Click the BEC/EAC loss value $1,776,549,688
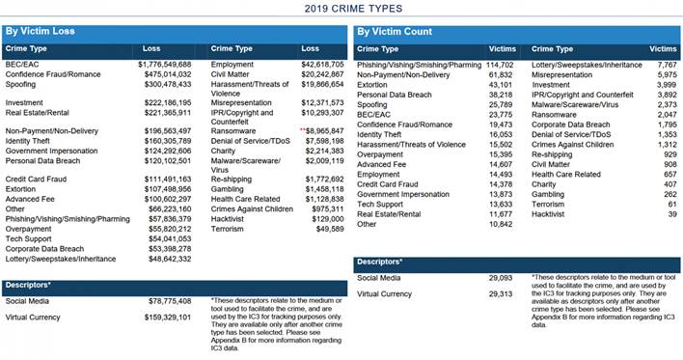pyautogui.click(x=165, y=63)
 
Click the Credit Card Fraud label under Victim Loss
pyautogui.click(x=37, y=180)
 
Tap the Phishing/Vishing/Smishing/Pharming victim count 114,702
pyautogui.click(x=499, y=63)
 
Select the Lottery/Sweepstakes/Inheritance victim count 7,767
pyautogui.click(x=664, y=63)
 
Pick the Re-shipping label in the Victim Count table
pyautogui.click(x=551, y=154)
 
